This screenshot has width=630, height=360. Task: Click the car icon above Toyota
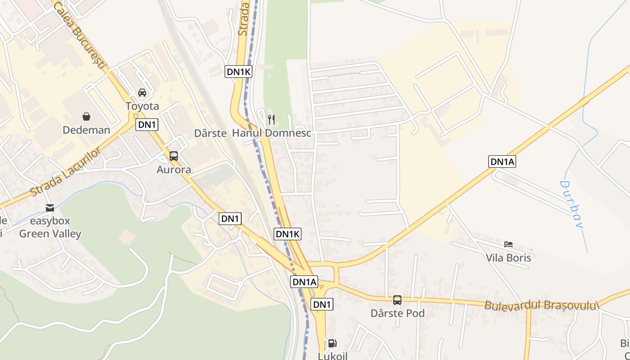pos(142,93)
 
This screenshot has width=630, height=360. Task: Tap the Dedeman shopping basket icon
pos(86,117)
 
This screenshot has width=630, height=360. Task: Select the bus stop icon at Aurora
pos(174,156)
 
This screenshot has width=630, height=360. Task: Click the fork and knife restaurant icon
pos(271,119)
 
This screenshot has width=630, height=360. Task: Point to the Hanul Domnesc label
pos(271,133)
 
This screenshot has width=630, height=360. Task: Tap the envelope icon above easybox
pos(50,208)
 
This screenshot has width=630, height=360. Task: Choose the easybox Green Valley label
pos(50,227)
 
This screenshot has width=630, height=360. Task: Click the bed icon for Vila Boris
pos(508,244)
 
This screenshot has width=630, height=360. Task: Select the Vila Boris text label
pos(508,258)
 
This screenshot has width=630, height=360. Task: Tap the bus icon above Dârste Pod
pos(397,300)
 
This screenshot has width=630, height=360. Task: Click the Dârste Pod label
pos(397,313)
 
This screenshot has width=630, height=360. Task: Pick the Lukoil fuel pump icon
pos(332,343)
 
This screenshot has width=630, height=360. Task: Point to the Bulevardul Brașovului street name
pos(542,306)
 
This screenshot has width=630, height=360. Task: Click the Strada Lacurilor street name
pos(66,171)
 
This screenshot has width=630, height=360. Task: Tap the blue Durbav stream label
pos(571,204)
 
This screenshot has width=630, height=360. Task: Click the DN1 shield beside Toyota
pos(147,125)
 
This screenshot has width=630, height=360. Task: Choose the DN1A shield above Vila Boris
pos(502,162)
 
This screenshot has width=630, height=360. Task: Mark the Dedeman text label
pos(86,130)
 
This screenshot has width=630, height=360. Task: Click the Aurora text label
pos(174,170)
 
